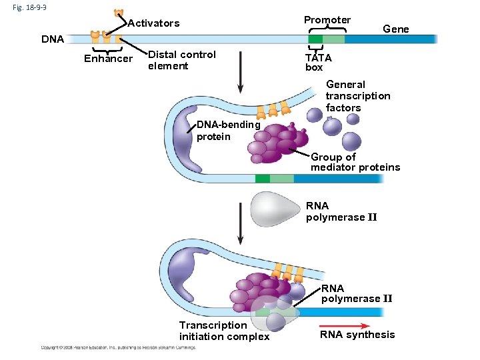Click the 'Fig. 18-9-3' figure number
click(x=27, y=7)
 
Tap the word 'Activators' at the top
click(x=153, y=23)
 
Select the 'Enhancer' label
click(x=108, y=59)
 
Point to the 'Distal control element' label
click(x=181, y=60)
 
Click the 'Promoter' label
click(x=327, y=20)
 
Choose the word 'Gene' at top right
click(x=396, y=29)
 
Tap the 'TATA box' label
click(x=318, y=62)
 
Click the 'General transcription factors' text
click(x=357, y=96)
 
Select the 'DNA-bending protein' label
click(x=228, y=131)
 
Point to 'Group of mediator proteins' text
click(x=355, y=162)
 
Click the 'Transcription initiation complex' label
click(x=224, y=331)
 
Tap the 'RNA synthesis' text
click(x=357, y=335)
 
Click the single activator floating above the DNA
click(x=119, y=13)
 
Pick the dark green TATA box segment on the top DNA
click(x=315, y=39)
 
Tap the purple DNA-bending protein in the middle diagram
click(x=186, y=140)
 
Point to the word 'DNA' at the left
click(x=53, y=39)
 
